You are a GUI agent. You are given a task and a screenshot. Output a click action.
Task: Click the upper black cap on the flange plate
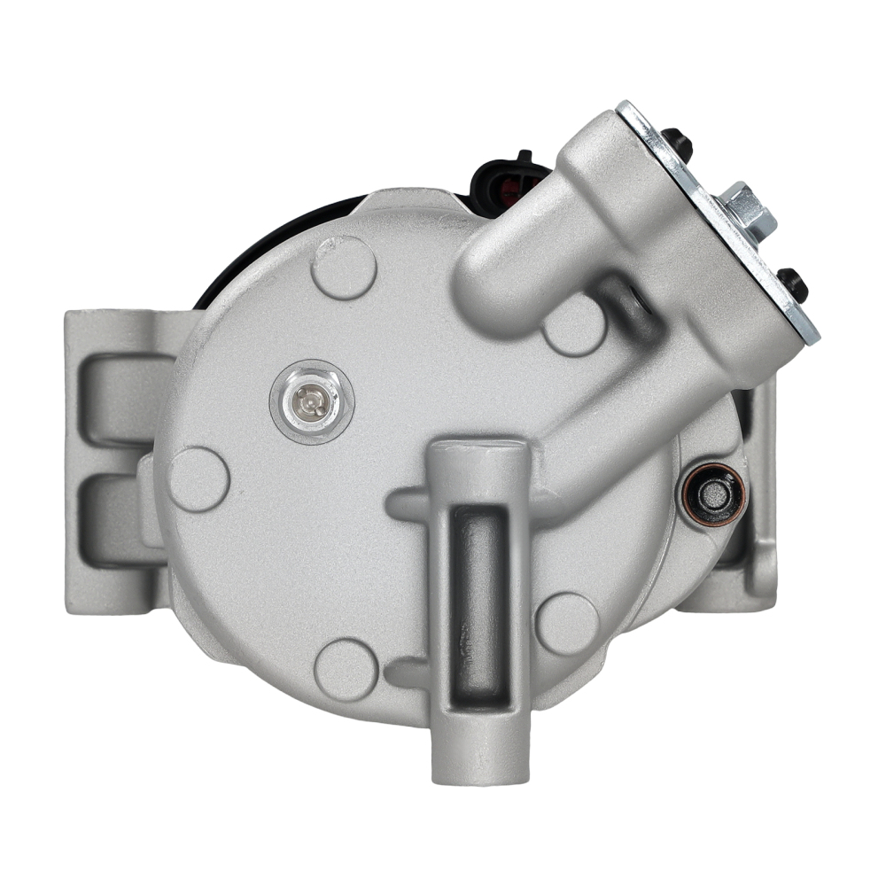pos(678,142)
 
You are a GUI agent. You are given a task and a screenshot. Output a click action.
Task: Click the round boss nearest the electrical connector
pos(345,267)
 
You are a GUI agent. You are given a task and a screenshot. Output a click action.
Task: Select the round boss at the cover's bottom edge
pos(346,669)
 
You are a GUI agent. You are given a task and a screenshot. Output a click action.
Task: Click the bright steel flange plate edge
pos(718,221)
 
